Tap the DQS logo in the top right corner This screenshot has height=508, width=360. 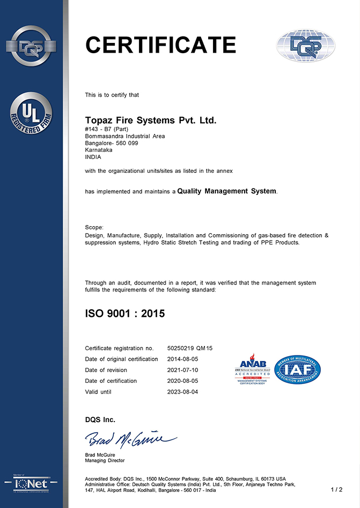[305, 46]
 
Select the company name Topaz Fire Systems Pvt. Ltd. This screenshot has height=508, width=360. [151, 120]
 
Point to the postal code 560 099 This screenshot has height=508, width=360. [127, 143]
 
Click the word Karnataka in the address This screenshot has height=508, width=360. [100, 150]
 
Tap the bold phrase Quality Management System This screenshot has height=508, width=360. [227, 191]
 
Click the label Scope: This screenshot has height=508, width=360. [94, 228]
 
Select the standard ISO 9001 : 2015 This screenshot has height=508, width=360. [125, 314]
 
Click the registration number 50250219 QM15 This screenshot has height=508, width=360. [190, 348]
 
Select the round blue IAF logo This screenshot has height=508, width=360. [297, 369]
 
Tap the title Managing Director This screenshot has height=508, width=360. [105, 461]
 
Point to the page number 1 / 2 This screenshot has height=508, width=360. [336, 490]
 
